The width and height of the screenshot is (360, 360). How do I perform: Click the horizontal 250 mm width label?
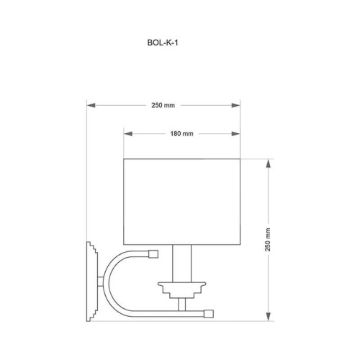pos(164,105)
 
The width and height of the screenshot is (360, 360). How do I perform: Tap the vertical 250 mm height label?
pos(268,238)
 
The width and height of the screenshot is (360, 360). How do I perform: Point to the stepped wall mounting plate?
pos(92,282)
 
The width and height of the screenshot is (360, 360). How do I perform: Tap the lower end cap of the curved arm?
pos(209,312)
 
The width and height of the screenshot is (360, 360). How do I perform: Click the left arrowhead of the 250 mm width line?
pos(90,105)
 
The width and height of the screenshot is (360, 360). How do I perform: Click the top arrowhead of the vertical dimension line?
pos(268,163)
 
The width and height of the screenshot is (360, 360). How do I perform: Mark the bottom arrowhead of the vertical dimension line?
pos(268,318)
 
